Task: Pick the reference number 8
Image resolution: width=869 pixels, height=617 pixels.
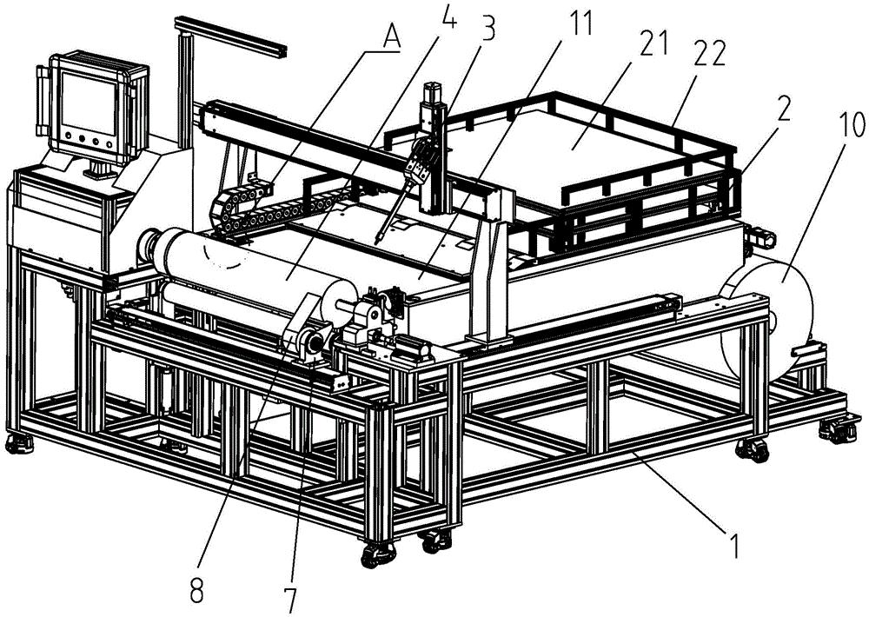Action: [x=197, y=591]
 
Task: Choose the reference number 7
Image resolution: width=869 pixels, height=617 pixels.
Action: [x=290, y=601]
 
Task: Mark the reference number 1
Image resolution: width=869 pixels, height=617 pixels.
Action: [x=733, y=545]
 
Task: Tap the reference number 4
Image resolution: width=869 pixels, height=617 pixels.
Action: [x=448, y=17]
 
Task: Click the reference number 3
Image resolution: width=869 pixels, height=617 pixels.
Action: [x=488, y=29]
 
